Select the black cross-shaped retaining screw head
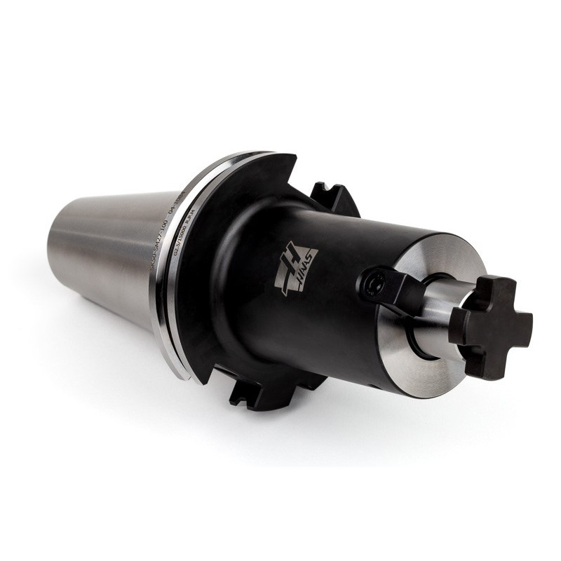click(x=489, y=326)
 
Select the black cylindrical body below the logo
click(x=309, y=330)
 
